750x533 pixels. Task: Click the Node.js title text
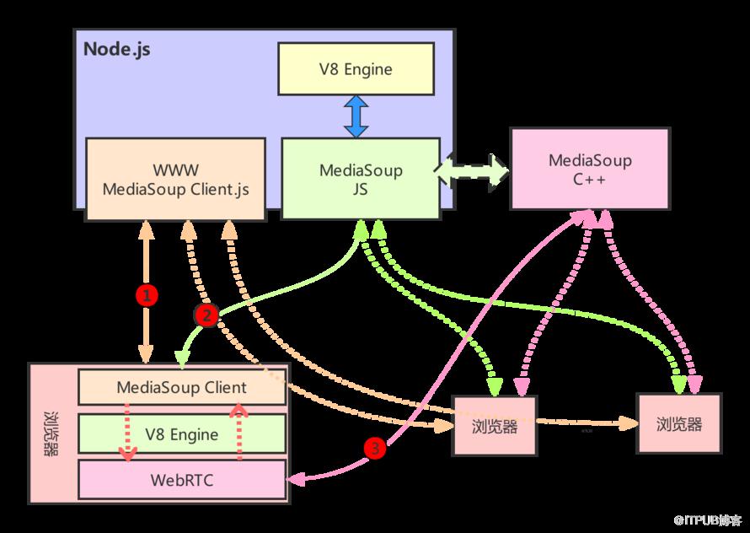(116, 49)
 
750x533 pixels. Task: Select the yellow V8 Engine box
(356, 69)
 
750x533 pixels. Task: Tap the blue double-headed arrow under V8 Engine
(356, 116)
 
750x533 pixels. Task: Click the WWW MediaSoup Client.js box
(175, 180)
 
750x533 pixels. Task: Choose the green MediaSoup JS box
(361, 179)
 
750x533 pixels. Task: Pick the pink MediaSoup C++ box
(590, 169)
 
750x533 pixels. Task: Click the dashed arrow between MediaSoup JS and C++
(472, 170)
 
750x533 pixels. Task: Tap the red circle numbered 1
(147, 295)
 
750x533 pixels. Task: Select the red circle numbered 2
(206, 316)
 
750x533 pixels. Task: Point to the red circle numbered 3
(374, 448)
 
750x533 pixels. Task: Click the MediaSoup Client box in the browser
(182, 387)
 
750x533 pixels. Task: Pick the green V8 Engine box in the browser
(182, 433)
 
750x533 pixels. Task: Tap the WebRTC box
(182, 480)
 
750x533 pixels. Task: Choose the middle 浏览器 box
(495, 426)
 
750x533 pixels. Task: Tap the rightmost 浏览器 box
(678, 424)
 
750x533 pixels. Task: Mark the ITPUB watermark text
(709, 520)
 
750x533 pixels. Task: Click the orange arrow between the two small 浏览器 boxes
(587, 423)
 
